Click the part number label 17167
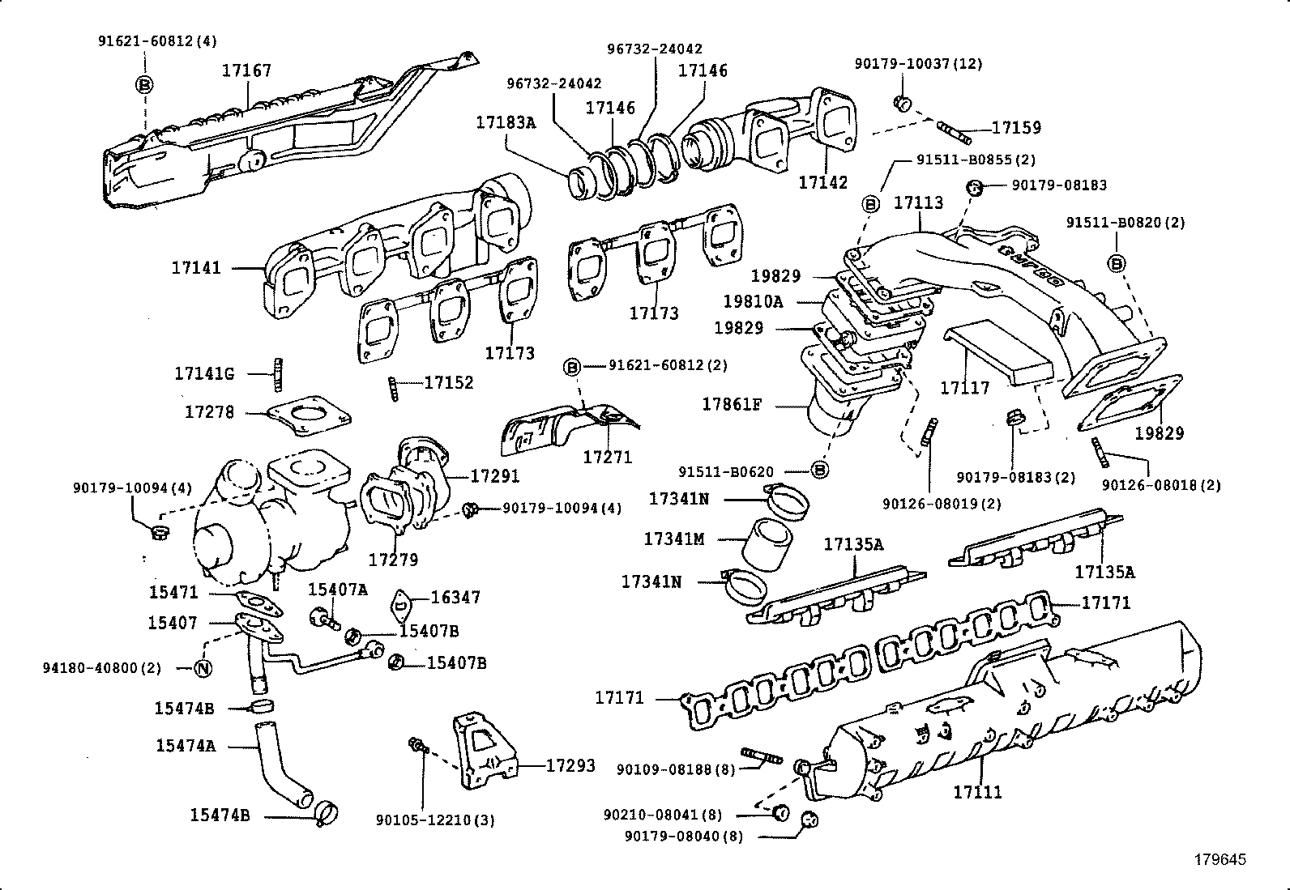246,71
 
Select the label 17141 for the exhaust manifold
195,267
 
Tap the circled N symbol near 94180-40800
203,668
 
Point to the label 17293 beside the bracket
570,765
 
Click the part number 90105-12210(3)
435,820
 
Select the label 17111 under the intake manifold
977,792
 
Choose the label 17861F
732,403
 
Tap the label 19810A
753,302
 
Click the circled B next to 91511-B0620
819,470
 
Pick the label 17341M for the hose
674,539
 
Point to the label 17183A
506,123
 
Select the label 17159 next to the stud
1016,128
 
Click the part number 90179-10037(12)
918,64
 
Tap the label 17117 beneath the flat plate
964,388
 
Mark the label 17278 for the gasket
209,412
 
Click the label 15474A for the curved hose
186,746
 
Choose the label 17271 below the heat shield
608,457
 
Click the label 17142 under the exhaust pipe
823,183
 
